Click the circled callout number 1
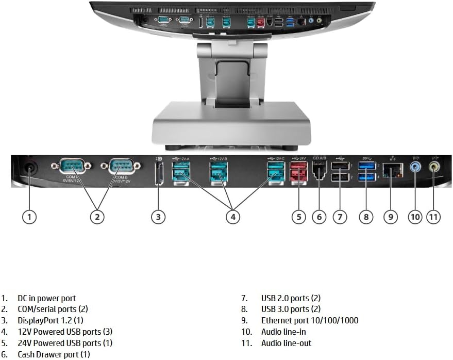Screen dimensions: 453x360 pyautogui.click(x=29, y=217)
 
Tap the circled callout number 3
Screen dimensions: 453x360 pyautogui.click(x=158, y=217)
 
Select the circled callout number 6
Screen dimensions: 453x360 pyautogui.click(x=319, y=217)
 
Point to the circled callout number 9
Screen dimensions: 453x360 pyautogui.click(x=391, y=217)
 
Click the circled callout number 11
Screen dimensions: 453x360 pyautogui.click(x=434, y=217)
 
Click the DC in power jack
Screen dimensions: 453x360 pyautogui.click(x=29, y=168)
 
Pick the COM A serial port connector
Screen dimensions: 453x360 pyautogui.click(x=70, y=166)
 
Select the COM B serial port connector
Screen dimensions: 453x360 pyautogui.click(x=120, y=166)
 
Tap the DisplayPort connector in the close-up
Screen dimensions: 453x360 pyautogui.click(x=158, y=173)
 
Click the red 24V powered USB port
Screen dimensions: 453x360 pyautogui.click(x=298, y=172)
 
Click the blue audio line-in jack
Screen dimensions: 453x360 pyautogui.click(x=415, y=167)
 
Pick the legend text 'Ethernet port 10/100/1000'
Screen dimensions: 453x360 pyautogui.click(x=309, y=320)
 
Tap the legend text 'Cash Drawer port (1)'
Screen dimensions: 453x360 pyautogui.click(x=54, y=354)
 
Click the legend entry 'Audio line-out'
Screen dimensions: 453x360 pyautogui.click(x=286, y=343)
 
